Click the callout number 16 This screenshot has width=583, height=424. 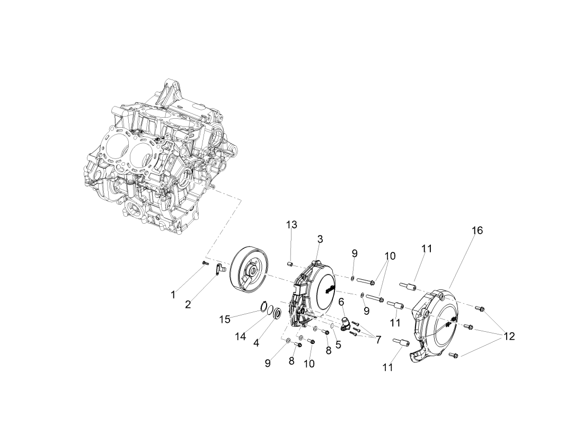pos(477,231)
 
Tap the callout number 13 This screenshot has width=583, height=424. pos(291,225)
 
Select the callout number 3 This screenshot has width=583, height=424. pos(320,239)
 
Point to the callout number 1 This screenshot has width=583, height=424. pos(173,295)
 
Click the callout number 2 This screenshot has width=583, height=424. pos(188,305)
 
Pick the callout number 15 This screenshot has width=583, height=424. pos(225,320)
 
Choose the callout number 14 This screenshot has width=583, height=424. pos(241,337)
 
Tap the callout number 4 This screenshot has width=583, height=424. pos(256,343)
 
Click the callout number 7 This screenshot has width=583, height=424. pos(378,340)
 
